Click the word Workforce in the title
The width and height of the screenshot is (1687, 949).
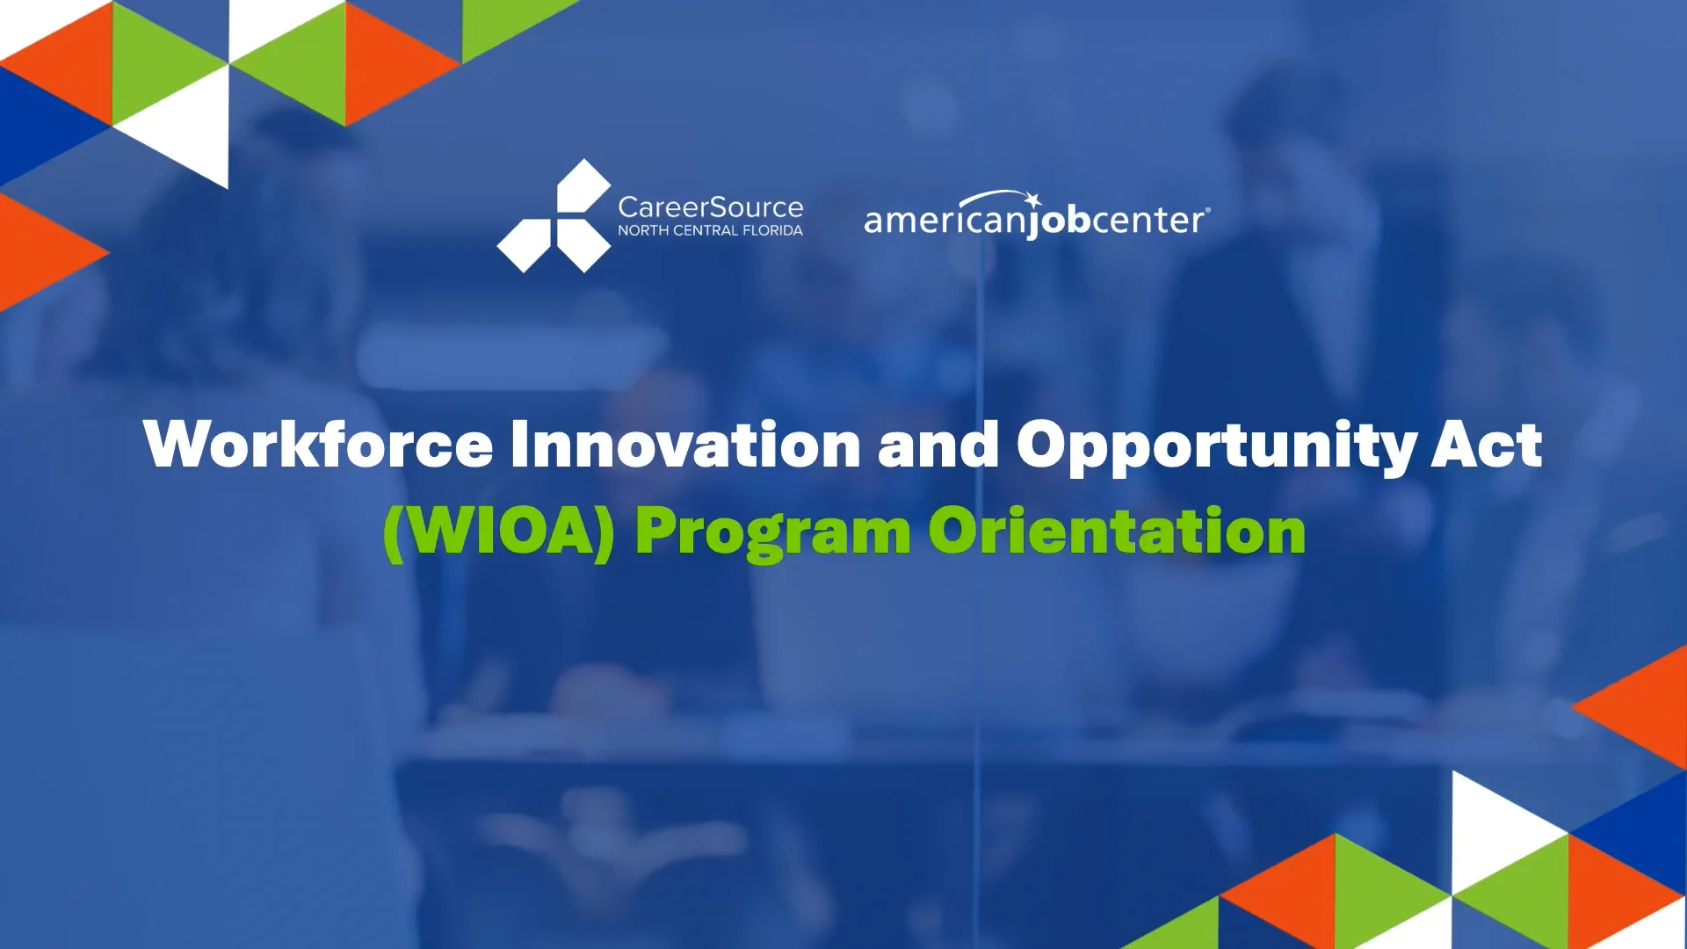pyautogui.click(x=318, y=444)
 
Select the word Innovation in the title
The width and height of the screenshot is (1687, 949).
pyautogui.click(x=685, y=444)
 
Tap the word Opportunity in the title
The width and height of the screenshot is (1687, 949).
pyautogui.click(x=1216, y=447)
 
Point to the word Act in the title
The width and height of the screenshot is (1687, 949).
pyautogui.click(x=1487, y=444)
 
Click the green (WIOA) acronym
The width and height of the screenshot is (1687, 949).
pyautogui.click(x=499, y=532)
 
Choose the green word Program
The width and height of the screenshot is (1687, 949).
pyautogui.click(x=773, y=534)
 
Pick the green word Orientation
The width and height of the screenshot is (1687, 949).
pyautogui.click(x=1117, y=531)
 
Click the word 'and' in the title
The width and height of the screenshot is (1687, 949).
pyautogui.click(x=938, y=444)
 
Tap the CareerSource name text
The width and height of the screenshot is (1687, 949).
pyautogui.click(x=710, y=207)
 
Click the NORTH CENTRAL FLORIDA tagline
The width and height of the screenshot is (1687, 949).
pyautogui.click(x=710, y=230)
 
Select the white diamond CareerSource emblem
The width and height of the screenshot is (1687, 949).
pyautogui.click(x=554, y=216)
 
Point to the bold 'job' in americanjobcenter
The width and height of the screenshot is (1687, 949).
pyautogui.click(x=1059, y=220)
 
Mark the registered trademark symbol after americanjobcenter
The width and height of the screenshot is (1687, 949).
pyautogui.click(x=1207, y=210)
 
